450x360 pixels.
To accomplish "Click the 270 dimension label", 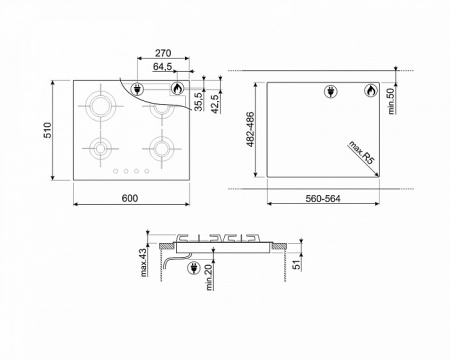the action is [x=163, y=53].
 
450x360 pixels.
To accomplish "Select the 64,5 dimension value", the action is [x=162, y=67].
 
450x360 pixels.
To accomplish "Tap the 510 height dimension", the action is [x=47, y=130].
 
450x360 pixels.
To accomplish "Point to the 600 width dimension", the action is [x=130, y=198].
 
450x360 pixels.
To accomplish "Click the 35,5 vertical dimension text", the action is [x=198, y=101].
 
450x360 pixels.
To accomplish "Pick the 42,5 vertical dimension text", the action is [x=215, y=104].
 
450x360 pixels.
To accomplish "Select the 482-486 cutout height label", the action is [x=250, y=129].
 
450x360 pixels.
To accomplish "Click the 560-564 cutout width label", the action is [x=323, y=199].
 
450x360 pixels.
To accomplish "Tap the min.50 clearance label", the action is [x=391, y=101].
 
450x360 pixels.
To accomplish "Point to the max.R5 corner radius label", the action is [x=362, y=152].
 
